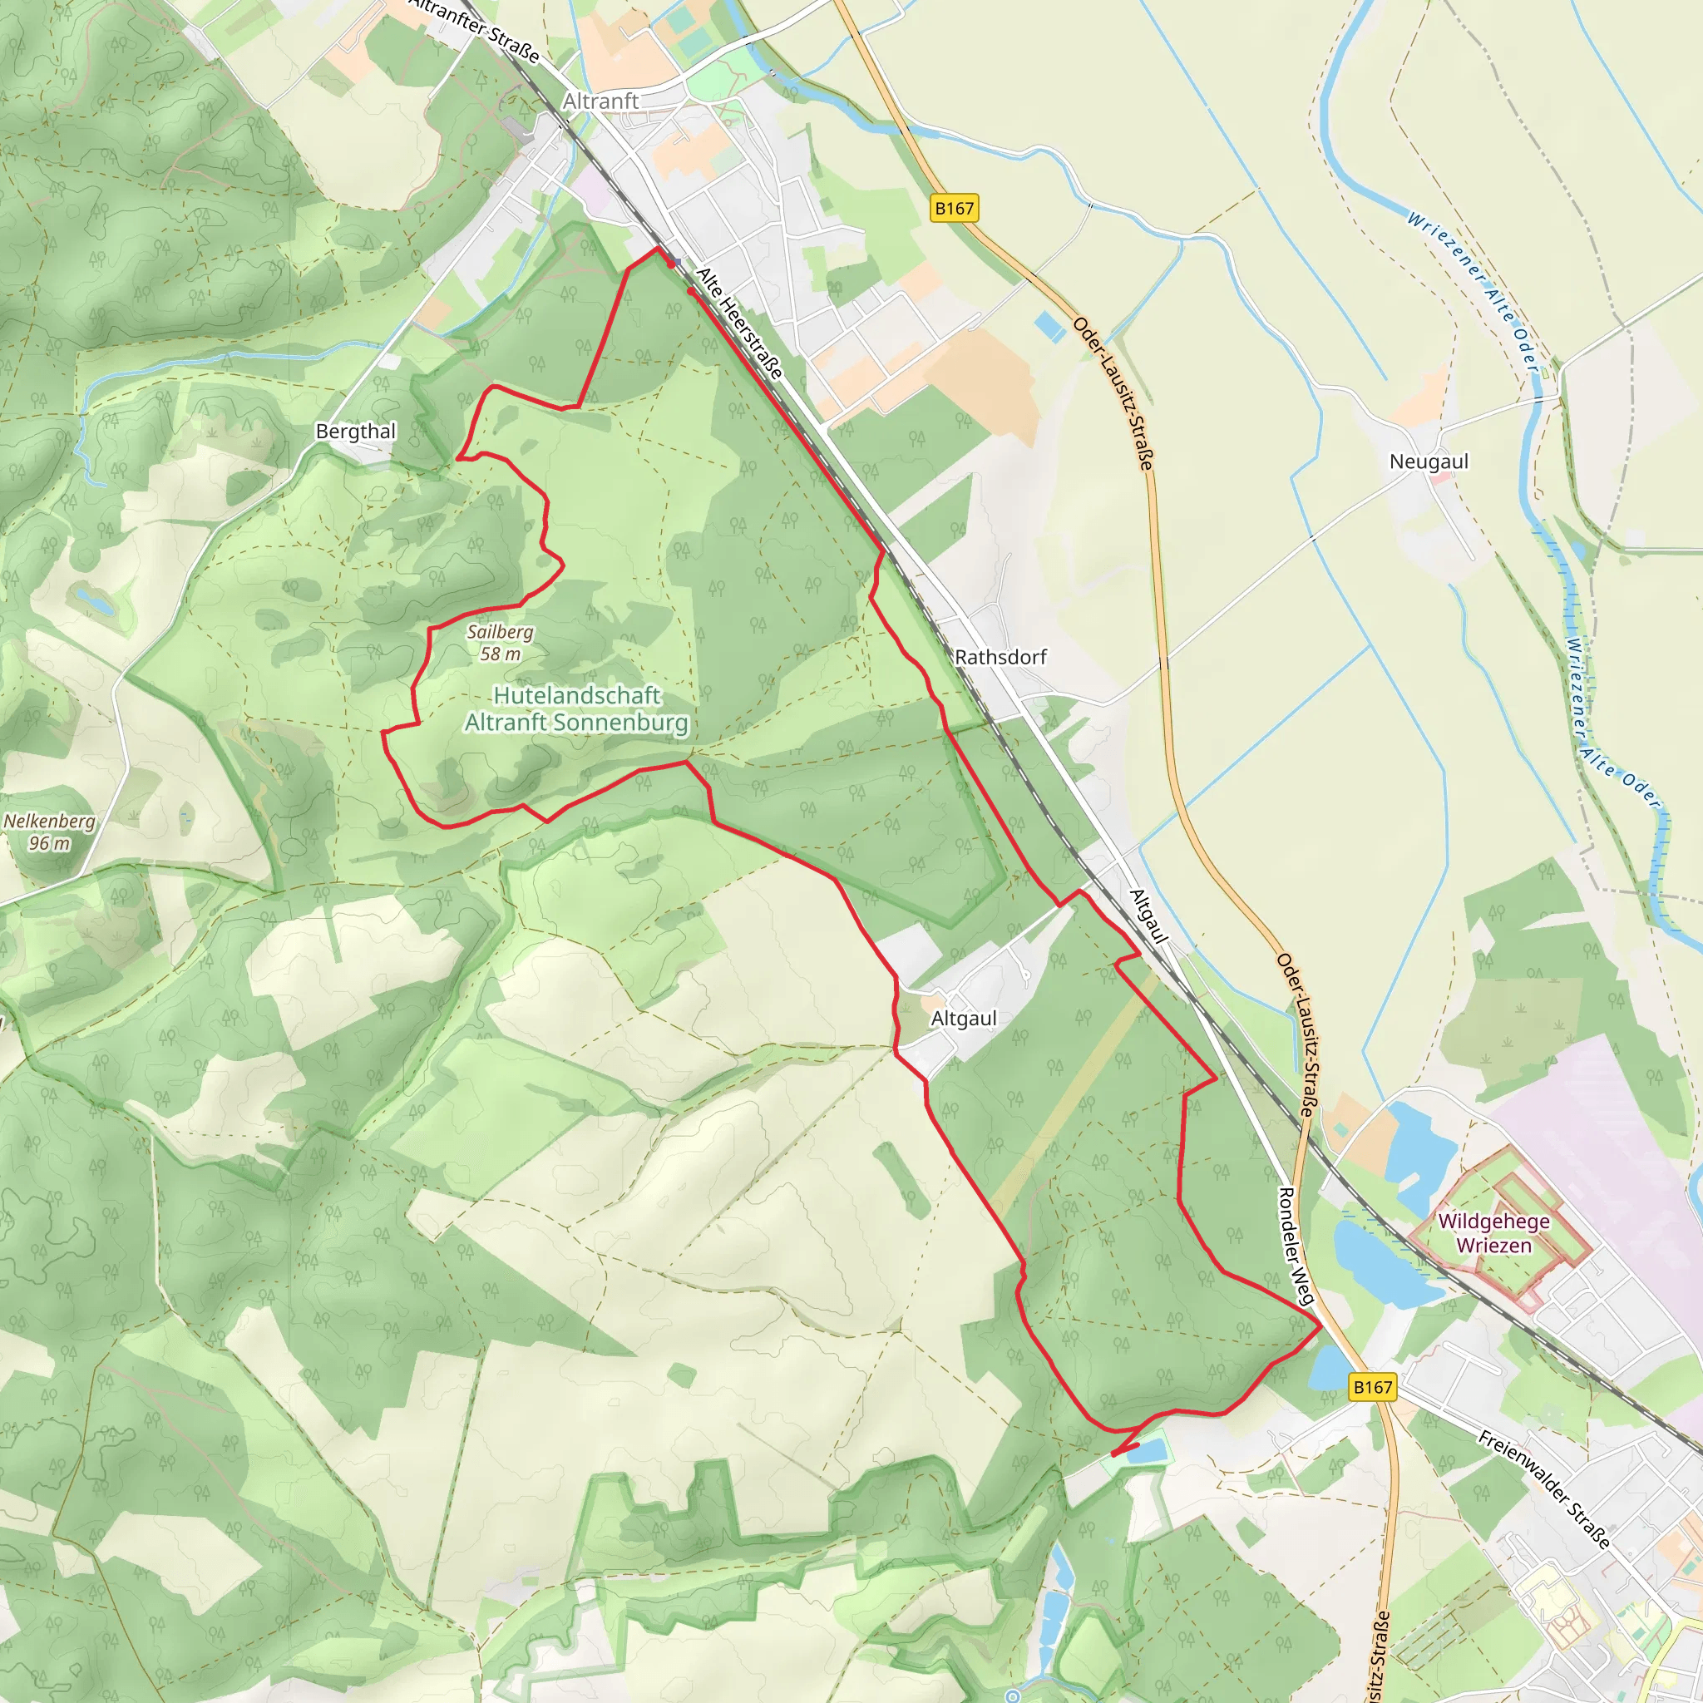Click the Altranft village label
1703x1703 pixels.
[600, 101]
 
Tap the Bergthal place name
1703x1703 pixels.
[355, 431]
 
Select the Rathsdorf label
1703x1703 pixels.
[1000, 657]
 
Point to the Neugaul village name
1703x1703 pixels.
[1428, 461]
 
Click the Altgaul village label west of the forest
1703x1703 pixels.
[964, 1018]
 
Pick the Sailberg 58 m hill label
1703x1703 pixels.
[500, 643]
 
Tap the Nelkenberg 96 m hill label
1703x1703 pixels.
[49, 832]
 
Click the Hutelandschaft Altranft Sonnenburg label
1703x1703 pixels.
[576, 708]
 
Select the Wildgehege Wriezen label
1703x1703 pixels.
[1493, 1233]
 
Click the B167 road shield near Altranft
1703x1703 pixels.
[954, 208]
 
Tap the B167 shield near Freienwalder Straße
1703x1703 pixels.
[1372, 1386]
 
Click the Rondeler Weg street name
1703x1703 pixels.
[1296, 1246]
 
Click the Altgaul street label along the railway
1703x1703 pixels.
[1148, 916]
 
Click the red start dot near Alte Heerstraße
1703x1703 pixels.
[672, 263]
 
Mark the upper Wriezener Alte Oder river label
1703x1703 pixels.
[1472, 292]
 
